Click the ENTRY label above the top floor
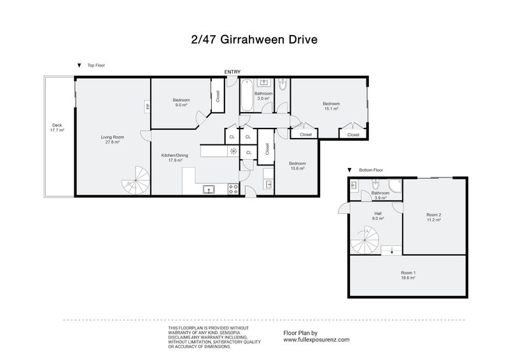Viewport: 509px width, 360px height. coord(232,72)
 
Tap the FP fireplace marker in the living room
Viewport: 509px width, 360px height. coord(148,106)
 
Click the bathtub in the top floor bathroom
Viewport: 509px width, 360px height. coord(246,95)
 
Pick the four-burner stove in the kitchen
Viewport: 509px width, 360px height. coord(233,189)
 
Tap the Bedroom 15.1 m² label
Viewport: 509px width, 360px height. coord(331,106)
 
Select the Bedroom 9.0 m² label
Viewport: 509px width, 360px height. coord(181,102)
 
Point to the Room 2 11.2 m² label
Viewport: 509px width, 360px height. coord(434,218)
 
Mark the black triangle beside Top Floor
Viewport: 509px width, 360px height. coord(78,65)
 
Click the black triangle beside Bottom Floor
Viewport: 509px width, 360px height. coord(349,170)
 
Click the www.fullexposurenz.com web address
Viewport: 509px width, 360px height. coord(316,340)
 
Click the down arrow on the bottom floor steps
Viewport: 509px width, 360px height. coord(392,249)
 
